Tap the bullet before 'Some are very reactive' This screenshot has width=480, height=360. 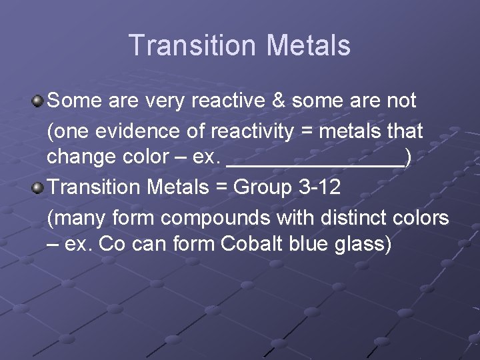pos(38,101)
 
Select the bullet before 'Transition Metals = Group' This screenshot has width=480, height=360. pos(38,188)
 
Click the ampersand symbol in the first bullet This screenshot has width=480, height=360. pos(277,101)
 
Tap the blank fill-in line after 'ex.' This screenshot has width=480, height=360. pos(316,160)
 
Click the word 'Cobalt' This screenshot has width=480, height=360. pos(252,244)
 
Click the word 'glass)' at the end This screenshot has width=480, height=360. pos(363,245)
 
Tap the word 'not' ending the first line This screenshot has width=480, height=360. pos(401,101)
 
